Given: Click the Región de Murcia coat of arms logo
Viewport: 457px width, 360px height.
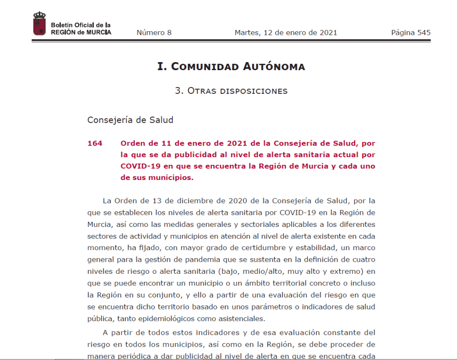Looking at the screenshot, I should click(39, 24).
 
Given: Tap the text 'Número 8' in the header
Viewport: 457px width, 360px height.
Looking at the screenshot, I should click(154, 33).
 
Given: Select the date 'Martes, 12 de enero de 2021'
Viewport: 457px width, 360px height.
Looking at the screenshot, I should click(286, 33).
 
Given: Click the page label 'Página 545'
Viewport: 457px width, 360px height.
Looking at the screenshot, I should click(411, 33).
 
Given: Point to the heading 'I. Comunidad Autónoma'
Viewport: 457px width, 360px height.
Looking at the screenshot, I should click(231, 67).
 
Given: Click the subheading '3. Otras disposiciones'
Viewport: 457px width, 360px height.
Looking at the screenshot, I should click(231, 91).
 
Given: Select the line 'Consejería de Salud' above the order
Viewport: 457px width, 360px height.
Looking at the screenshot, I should click(130, 120).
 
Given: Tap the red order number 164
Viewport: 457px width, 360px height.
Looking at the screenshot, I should click(95, 143).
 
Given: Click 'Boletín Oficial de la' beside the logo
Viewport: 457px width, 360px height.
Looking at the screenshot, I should click(81, 25).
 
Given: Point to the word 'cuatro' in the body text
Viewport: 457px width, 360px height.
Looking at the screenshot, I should click(363, 260).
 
